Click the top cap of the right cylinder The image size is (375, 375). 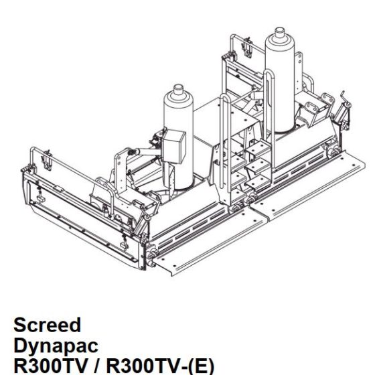(x=280, y=33)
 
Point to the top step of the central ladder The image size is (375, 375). (x=254, y=151)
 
